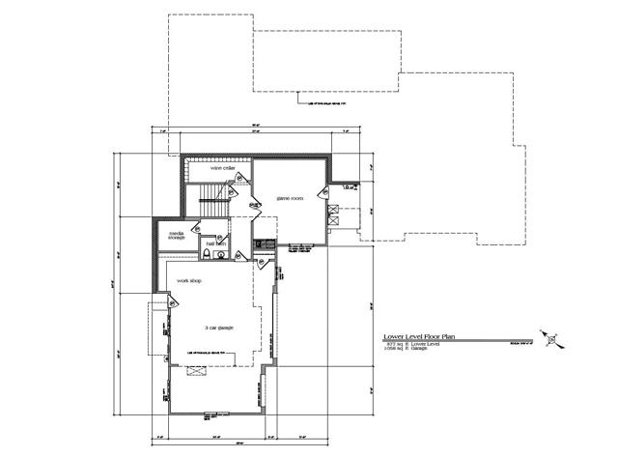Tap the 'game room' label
(x=291, y=197)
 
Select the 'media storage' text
(x=177, y=235)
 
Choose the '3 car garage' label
(x=220, y=328)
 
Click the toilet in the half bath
(x=207, y=254)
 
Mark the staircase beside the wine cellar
(x=213, y=207)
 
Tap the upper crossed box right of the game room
(x=333, y=208)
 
